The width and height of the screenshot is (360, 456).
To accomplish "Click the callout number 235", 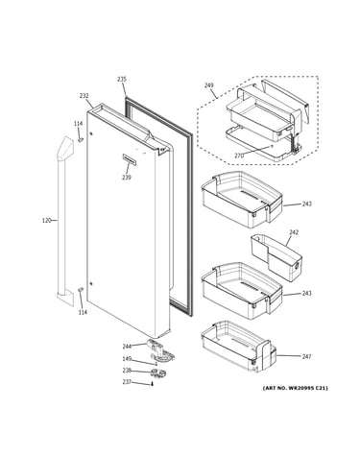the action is pyautogui.click(x=122, y=79).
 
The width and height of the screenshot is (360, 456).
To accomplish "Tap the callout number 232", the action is pyautogui.click(x=84, y=96).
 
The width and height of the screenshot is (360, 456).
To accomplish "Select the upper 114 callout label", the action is pyautogui.click(x=78, y=124).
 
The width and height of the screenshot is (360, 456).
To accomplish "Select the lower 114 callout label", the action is pyautogui.click(x=83, y=312).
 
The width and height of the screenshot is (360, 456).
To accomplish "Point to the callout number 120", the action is pyautogui.click(x=47, y=220).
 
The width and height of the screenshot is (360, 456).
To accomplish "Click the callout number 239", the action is pyautogui.click(x=127, y=178).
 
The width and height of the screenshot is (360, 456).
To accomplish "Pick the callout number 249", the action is pyautogui.click(x=209, y=85).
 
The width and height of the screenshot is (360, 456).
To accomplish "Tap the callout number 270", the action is pyautogui.click(x=239, y=156).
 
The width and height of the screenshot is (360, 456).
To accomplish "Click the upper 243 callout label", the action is pyautogui.click(x=306, y=204).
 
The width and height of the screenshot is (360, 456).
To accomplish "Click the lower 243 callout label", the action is pyautogui.click(x=306, y=293).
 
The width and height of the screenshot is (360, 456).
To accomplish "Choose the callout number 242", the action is pyautogui.click(x=294, y=232).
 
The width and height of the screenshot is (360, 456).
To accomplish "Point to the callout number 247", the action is pyautogui.click(x=306, y=356).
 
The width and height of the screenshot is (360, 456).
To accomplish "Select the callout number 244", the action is pyautogui.click(x=127, y=347).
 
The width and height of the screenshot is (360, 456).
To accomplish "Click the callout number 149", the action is pyautogui.click(x=127, y=359).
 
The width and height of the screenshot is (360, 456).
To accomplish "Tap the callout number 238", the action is pyautogui.click(x=127, y=371).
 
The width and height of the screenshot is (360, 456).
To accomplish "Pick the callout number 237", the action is pyautogui.click(x=127, y=382).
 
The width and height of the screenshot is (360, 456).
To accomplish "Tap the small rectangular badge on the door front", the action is pyautogui.click(x=130, y=159).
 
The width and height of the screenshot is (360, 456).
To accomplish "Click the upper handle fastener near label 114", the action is pyautogui.click(x=81, y=139).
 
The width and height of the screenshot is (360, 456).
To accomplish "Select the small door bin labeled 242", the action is pyautogui.click(x=276, y=258).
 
